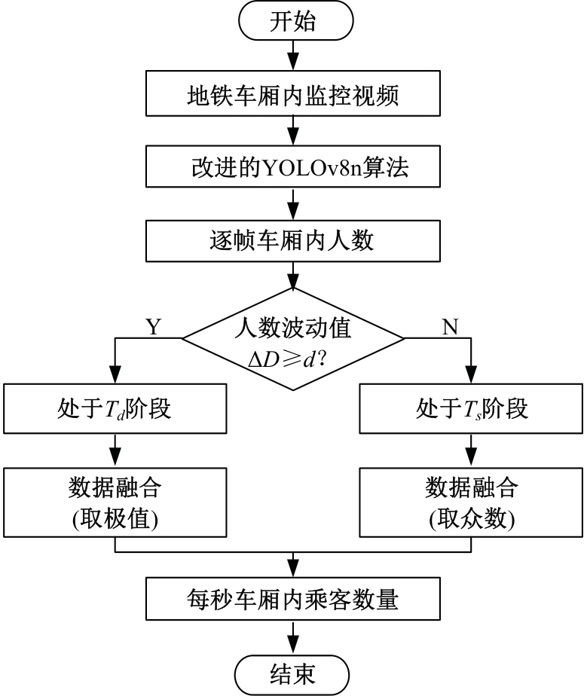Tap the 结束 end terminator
pyautogui.click(x=292, y=673)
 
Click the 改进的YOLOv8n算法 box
pyautogui.click(x=292, y=168)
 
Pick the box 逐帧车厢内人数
pyautogui.click(x=292, y=241)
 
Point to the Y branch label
pyautogui.click(x=153, y=326)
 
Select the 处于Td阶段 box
pyautogui.click(x=115, y=410)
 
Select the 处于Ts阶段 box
pyautogui.click(x=472, y=410)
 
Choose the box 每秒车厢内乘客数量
pyautogui.click(x=292, y=600)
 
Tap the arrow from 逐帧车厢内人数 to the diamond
pyautogui.click(x=292, y=275)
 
